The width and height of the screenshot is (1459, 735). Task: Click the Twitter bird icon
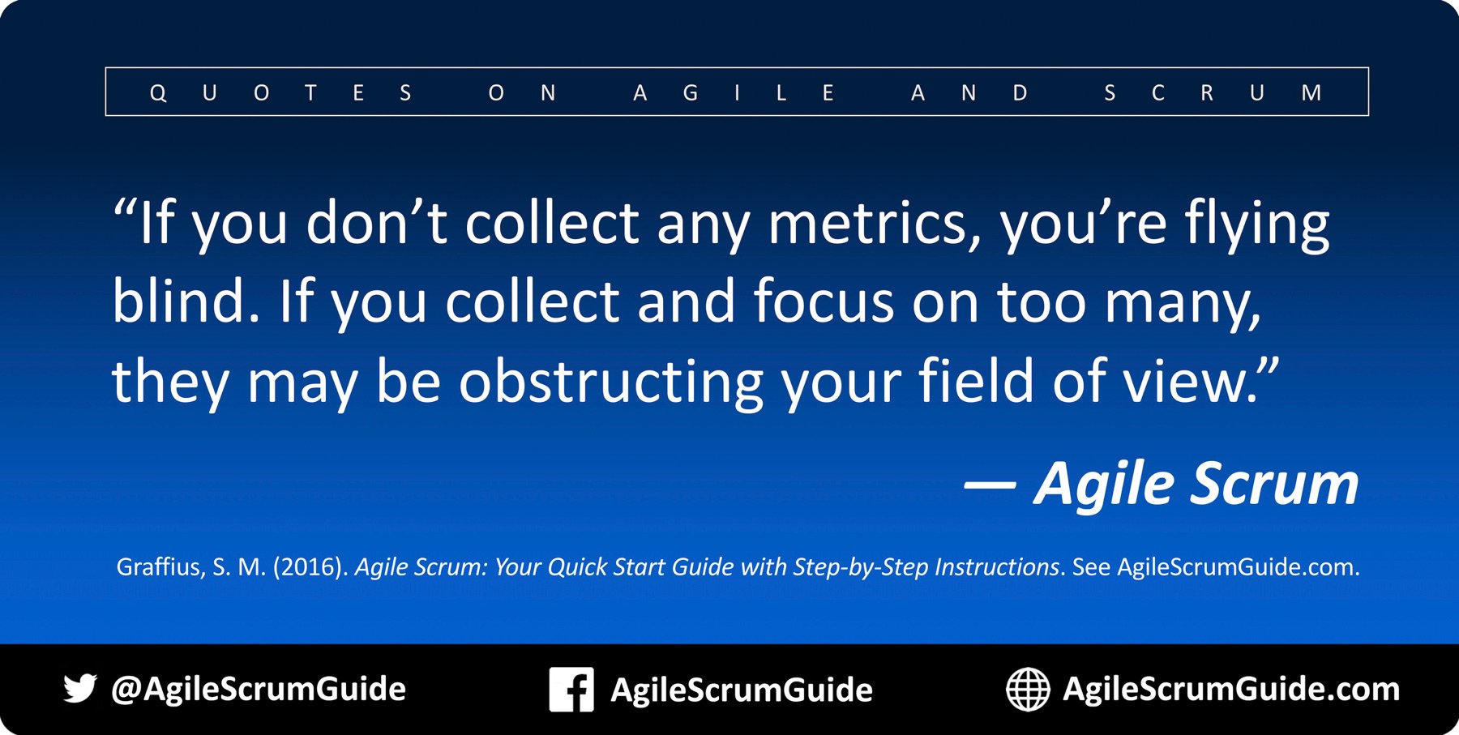coord(80,688)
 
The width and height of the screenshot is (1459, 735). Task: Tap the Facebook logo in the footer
coord(571,690)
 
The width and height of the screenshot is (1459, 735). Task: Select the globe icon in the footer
coord(1028,690)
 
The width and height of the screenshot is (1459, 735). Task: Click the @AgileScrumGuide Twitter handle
coord(259,689)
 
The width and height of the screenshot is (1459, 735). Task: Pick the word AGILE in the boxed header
coord(734,93)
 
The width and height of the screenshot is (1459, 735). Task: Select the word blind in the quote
coord(186,301)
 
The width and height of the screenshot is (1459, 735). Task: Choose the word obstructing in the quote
coord(611,381)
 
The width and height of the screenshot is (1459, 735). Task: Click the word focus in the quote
coord(824,301)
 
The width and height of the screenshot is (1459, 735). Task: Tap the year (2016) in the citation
coord(310,566)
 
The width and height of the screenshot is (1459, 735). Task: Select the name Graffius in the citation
coord(160,566)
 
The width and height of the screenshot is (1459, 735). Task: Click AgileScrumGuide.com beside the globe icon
coord(1231,689)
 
